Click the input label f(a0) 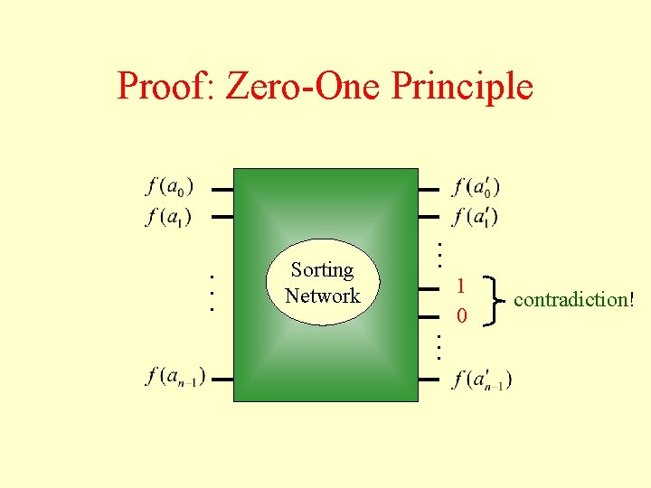tap(169, 188)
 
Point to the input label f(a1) tap(168, 217)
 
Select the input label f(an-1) tap(175, 376)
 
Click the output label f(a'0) tap(476, 188)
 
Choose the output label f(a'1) tap(476, 217)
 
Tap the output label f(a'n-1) tap(482, 378)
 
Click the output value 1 tap(461, 286)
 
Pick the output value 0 tap(461, 316)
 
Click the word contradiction tap(570, 299)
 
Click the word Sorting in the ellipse tap(322, 270)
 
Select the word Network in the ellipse tap(322, 296)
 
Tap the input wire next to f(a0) tap(222, 190)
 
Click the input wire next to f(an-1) tap(222, 378)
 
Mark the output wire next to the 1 tap(429, 289)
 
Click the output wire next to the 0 tap(429, 317)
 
